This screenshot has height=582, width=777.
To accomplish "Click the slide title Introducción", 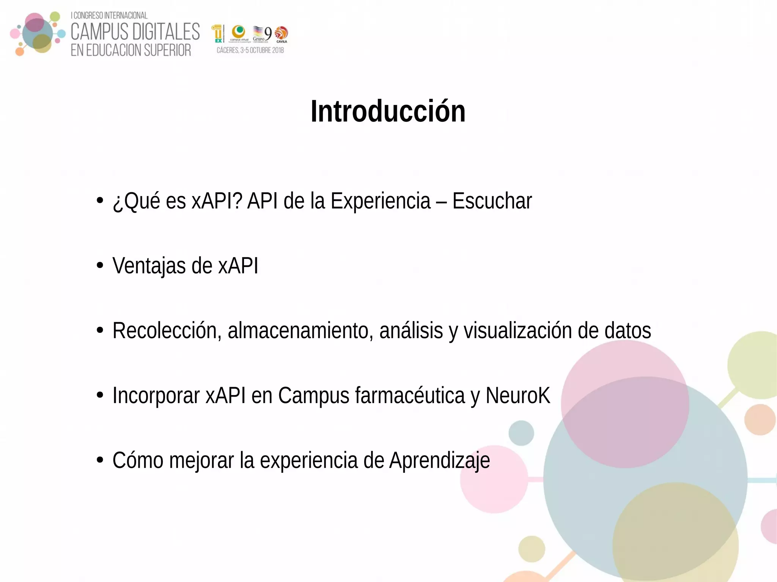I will (388, 111).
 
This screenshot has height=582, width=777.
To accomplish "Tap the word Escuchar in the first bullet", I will (492, 201).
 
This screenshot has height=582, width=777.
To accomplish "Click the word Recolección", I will (167, 331).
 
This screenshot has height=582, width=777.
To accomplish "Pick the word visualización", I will (517, 331).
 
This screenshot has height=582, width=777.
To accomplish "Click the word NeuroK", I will (517, 395).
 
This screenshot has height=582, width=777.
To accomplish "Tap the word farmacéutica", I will (410, 395).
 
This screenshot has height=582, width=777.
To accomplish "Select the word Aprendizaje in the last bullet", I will (439, 460).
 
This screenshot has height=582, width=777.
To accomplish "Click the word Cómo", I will (138, 460).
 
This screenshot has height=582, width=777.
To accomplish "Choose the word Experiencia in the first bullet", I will (381, 201).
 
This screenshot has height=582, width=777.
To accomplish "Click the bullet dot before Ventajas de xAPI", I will (100, 265).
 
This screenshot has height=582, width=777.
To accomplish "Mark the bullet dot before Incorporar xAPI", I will (100, 395).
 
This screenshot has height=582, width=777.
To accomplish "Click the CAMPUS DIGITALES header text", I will (135, 32).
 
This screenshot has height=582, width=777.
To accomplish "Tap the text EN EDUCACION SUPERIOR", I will (131, 50).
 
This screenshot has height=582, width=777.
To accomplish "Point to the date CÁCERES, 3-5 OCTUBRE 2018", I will (250, 50).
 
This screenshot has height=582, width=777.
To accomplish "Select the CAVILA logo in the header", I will (282, 35).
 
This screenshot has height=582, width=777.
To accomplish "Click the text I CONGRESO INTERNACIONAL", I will (109, 16).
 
